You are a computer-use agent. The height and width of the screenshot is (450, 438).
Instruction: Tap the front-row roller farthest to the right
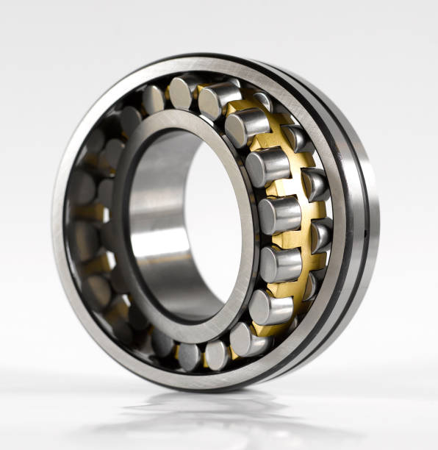click(280, 215)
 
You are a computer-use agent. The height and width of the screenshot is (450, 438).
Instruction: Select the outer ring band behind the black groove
click(367, 221)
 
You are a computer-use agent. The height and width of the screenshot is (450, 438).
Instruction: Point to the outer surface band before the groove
click(340, 221)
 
